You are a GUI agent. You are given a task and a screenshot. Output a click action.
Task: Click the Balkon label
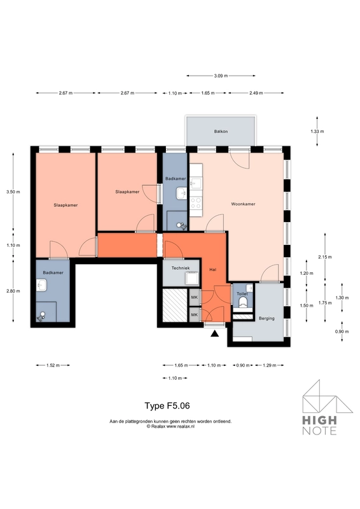coord(221,132)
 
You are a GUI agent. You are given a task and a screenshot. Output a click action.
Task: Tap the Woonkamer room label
coord(243,204)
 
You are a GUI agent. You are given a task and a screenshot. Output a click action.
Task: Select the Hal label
coord(213,270)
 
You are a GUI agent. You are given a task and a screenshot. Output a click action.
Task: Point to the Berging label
coord(267,318)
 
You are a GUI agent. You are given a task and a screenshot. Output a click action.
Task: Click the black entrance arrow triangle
coord(215,332)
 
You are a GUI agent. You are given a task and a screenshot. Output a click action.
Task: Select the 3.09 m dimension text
coord(221,76)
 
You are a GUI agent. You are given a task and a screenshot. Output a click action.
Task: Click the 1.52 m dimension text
coord(53,365)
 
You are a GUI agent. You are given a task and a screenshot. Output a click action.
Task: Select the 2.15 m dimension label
coord(325,258)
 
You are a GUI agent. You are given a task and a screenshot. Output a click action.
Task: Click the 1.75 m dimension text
coord(325,303)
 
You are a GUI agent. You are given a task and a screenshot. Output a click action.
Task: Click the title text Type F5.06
coord(167,405)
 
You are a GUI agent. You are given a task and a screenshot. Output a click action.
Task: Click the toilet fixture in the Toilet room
coord(242,304)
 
